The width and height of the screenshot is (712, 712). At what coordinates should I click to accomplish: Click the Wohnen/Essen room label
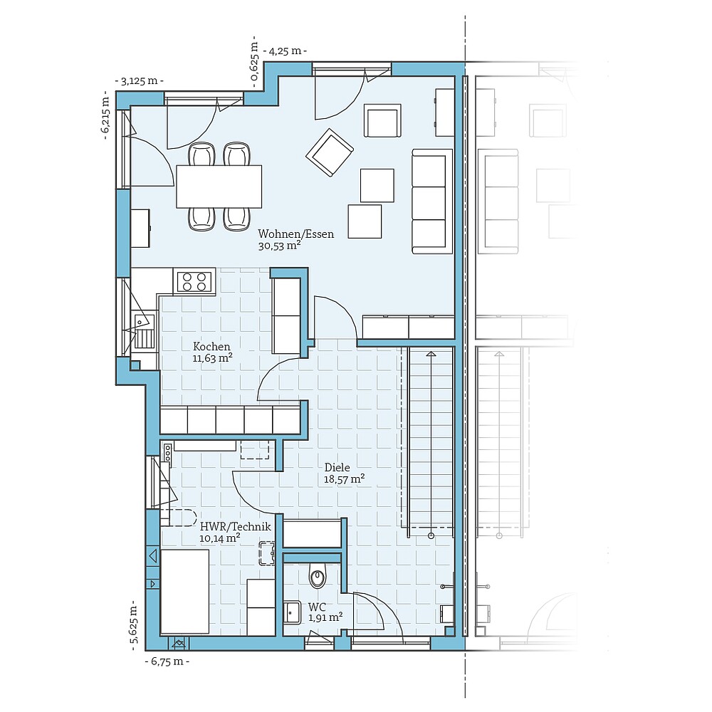[295, 234]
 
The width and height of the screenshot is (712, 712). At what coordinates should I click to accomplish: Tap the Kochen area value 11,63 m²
[213, 358]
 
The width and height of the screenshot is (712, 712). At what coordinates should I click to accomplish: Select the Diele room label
[337, 468]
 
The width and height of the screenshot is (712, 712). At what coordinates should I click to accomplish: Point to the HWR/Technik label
[225, 527]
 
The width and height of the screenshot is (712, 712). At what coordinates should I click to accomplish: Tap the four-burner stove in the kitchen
[194, 281]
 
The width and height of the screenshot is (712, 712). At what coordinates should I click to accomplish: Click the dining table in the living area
[219, 186]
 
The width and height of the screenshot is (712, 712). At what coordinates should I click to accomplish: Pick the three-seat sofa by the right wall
[432, 201]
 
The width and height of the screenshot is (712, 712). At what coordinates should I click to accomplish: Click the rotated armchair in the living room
[329, 152]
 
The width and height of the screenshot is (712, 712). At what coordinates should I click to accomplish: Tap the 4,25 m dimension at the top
[285, 51]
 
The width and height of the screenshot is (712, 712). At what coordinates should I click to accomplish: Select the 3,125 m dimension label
[139, 81]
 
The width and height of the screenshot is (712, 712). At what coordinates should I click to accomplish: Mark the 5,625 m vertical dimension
[133, 625]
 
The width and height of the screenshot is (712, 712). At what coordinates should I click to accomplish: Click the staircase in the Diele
[430, 441]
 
